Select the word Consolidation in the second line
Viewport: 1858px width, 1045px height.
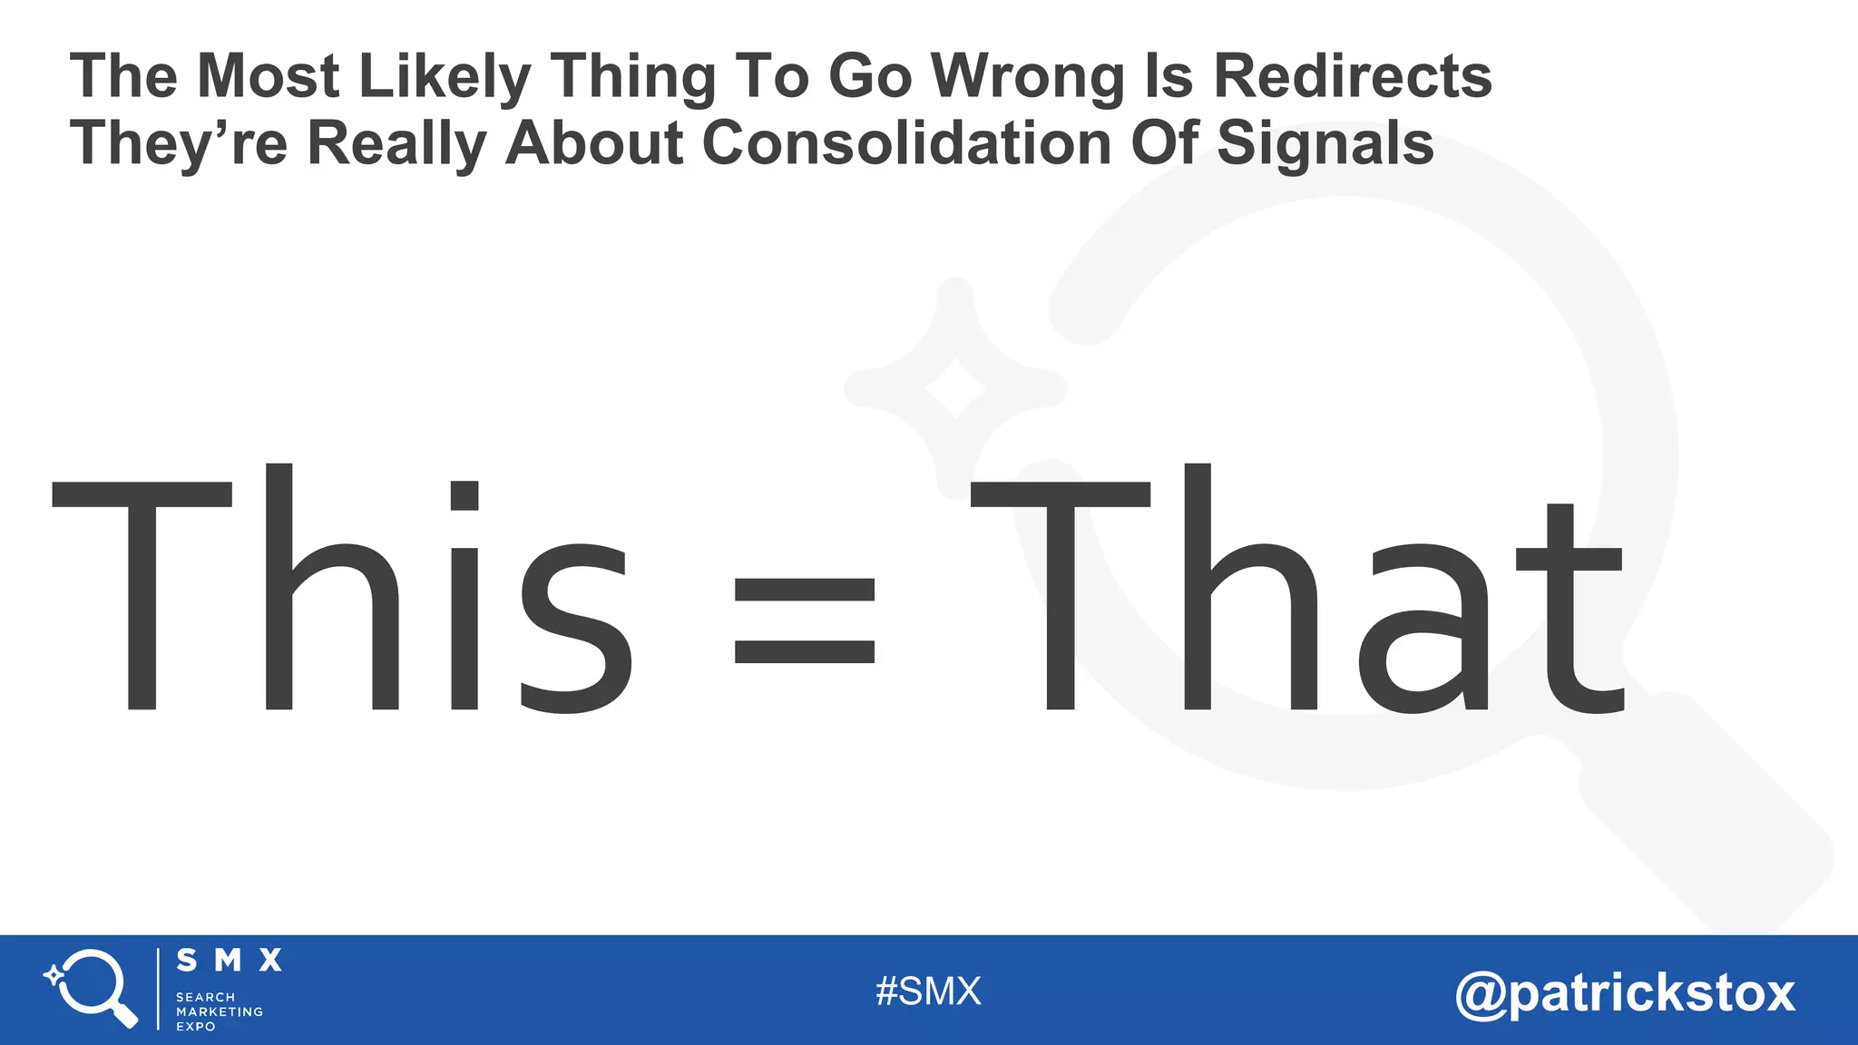(906, 143)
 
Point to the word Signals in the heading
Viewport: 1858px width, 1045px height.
(1324, 143)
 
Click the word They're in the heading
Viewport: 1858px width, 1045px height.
(179, 143)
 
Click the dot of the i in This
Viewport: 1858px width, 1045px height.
(464, 496)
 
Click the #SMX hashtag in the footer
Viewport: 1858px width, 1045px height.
(928, 991)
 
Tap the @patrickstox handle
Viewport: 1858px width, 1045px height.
(1624, 992)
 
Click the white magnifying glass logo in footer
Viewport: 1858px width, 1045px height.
(92, 987)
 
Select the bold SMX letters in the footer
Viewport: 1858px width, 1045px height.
(229, 961)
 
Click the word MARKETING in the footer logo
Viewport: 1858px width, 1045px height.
(220, 1011)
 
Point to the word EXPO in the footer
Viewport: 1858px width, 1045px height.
(195, 1027)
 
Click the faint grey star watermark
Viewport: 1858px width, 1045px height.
(954, 387)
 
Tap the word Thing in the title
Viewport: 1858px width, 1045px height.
(633, 77)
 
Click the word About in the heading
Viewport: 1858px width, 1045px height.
(594, 143)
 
